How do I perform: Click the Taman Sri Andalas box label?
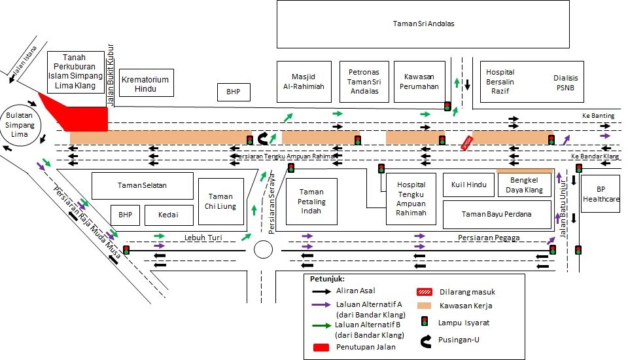[423, 24]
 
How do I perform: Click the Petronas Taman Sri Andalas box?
[364, 82]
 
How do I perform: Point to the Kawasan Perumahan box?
[419, 82]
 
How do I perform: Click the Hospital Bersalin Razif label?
[500, 82]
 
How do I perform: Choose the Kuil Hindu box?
[469, 185]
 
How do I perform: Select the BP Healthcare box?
[601, 194]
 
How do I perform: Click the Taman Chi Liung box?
[220, 202]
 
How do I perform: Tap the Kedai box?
[169, 215]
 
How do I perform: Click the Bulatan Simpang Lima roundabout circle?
[20, 124]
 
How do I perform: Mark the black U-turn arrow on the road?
[264, 139]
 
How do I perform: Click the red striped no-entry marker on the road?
[467, 143]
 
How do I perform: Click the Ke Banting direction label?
[598, 116]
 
